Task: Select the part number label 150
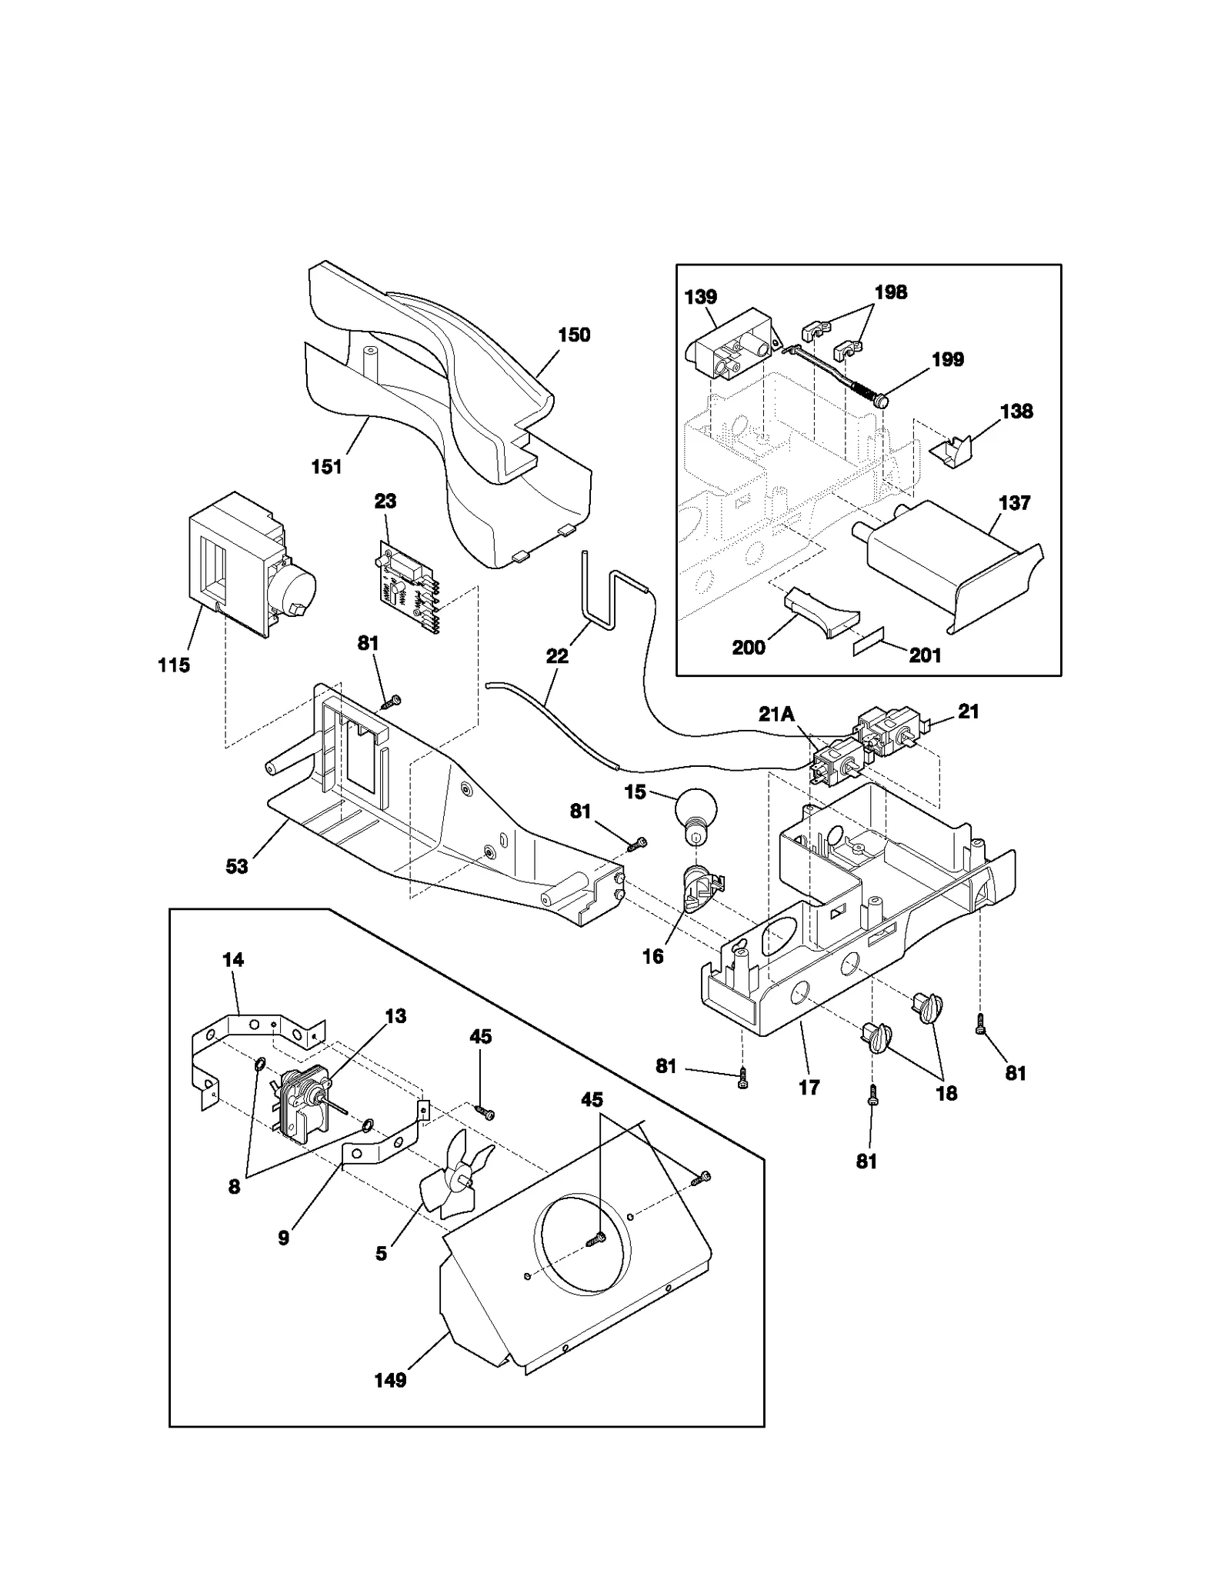coord(574,335)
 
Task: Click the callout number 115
coord(174,665)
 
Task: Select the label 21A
coord(776,714)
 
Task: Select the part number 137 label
coord(1014,503)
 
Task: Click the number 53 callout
coord(237,866)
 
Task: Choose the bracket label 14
coord(233,960)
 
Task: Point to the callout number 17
coord(809,1087)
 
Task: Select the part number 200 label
coord(749,648)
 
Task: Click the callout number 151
coord(326,467)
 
